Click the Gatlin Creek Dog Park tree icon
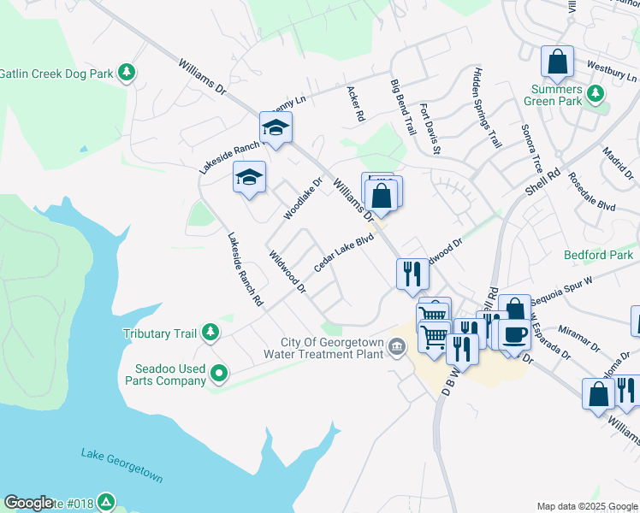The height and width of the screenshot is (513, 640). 127,73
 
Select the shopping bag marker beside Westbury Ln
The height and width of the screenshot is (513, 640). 558,62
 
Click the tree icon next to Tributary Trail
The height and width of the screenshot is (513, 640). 210,333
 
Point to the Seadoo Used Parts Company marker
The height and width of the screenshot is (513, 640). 219,372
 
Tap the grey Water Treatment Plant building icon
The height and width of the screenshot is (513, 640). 397,346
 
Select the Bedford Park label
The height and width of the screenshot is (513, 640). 598,255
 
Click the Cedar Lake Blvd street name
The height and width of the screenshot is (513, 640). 345,253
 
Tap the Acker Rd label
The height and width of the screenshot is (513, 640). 355,103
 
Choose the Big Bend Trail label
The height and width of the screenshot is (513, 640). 402,107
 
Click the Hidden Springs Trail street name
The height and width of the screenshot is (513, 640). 483,108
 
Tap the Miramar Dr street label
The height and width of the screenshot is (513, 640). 580,334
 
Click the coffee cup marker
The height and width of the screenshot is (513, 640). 514,333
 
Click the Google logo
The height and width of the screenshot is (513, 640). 28,503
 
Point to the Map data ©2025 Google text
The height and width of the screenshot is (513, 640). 586,507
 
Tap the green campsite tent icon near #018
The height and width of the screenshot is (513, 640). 105,502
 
